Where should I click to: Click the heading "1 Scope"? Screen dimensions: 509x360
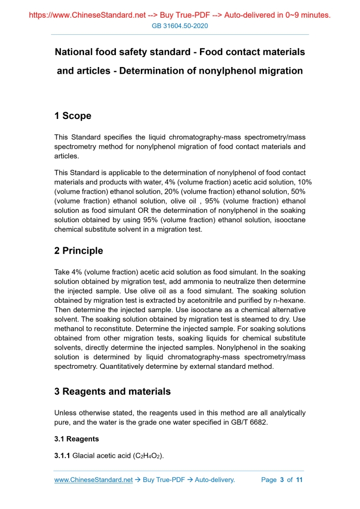tap(73, 116)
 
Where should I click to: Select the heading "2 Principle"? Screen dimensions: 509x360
tap(78, 251)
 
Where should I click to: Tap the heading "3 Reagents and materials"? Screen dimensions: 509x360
tap(112, 392)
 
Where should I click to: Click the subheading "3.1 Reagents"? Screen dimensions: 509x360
tap(77, 439)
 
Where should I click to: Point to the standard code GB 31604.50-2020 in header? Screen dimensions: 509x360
tap(180, 26)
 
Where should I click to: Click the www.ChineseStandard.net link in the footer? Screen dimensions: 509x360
tap(94, 480)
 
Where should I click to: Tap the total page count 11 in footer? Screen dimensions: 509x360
tap(299, 480)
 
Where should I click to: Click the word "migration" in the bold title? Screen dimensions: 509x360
tap(277, 71)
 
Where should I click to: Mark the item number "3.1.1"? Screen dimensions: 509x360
tap(62, 456)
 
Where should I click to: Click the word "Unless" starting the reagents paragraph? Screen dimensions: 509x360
tap(66, 413)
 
